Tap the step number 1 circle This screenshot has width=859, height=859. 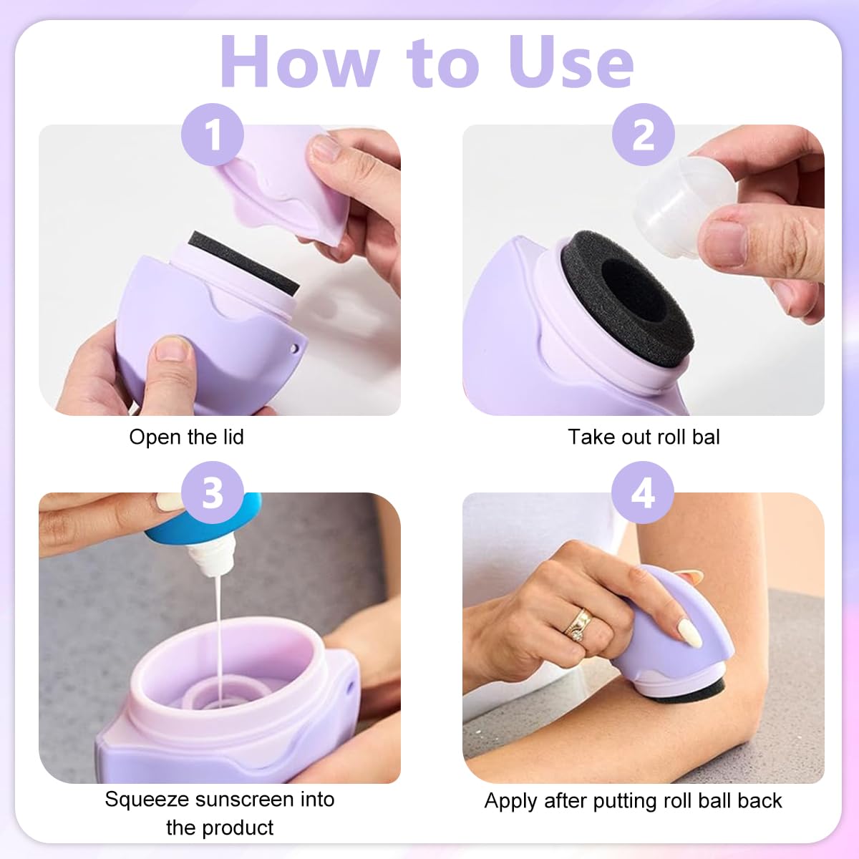pyautogui.click(x=213, y=135)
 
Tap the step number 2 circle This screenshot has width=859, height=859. pyautogui.click(x=643, y=135)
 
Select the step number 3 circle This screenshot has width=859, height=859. pyautogui.click(x=213, y=494)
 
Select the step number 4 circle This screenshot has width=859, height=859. pyautogui.click(x=643, y=494)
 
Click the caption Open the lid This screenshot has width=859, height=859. pyautogui.click(x=186, y=437)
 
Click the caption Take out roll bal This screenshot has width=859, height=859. pyautogui.click(x=644, y=437)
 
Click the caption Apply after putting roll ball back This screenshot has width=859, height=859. pyautogui.click(x=633, y=800)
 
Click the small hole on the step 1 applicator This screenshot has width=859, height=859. pyautogui.click(x=293, y=349)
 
